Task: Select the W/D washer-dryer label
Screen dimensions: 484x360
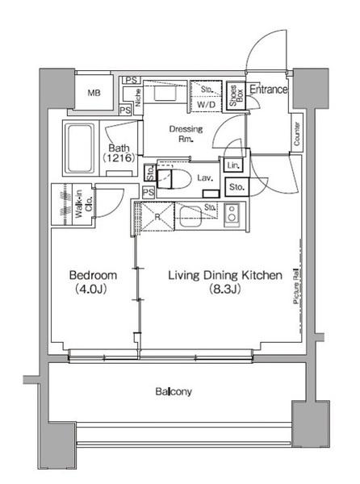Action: tap(206, 105)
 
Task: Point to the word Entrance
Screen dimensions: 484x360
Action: tap(268, 90)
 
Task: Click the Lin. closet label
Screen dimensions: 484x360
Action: tap(232, 165)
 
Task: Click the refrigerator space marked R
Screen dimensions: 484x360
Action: tap(159, 216)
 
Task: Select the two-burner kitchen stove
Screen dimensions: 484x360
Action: tap(232, 215)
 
